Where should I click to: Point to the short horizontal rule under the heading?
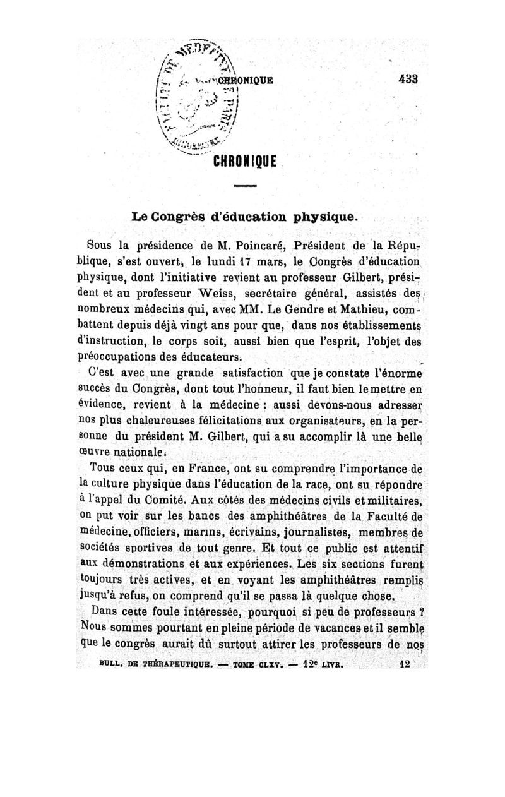coord(246,186)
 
